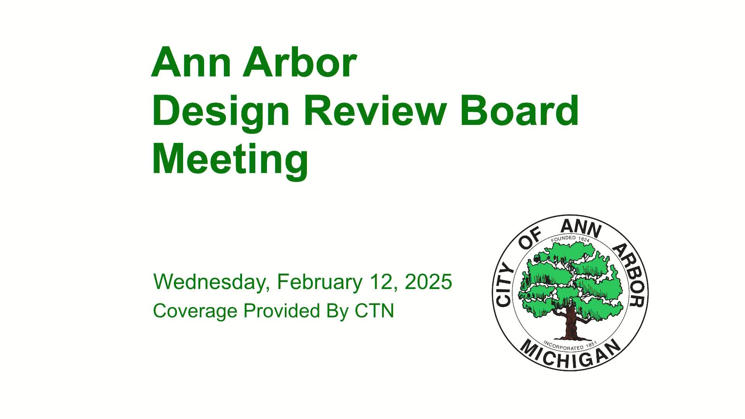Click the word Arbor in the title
pyautogui.click(x=299, y=63)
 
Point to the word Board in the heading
pyautogui.click(x=519, y=111)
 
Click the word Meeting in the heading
pyautogui.click(x=230, y=160)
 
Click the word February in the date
pyautogui.click(x=319, y=282)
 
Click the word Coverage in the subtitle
pyautogui.click(x=195, y=311)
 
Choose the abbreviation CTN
pyautogui.click(x=374, y=310)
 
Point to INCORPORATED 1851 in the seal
pyautogui.click(x=570, y=345)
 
